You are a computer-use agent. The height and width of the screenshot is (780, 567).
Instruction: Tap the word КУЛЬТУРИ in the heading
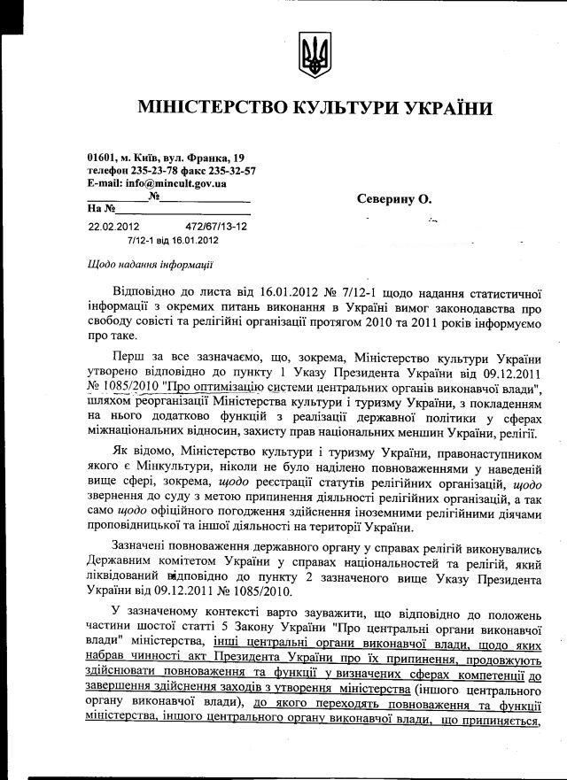tap(343, 108)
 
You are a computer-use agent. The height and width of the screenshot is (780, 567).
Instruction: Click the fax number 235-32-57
tap(231, 170)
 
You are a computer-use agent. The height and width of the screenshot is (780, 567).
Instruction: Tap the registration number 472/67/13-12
tap(216, 228)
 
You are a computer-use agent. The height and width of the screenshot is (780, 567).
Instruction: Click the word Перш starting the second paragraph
tap(129, 357)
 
